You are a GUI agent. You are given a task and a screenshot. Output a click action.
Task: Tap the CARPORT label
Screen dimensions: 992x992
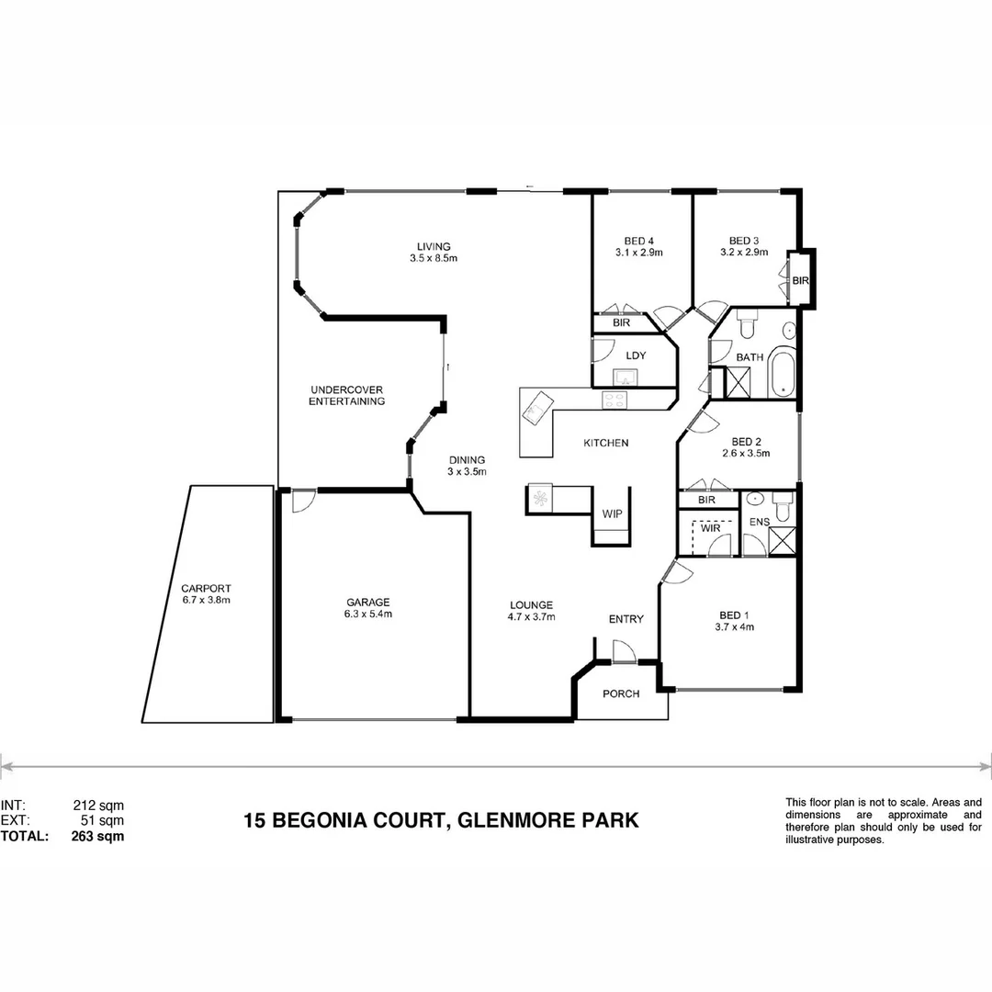point(206,589)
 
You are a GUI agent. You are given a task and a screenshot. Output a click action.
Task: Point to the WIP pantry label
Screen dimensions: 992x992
point(611,514)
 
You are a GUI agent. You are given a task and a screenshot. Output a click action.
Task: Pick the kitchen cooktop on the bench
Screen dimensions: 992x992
point(614,400)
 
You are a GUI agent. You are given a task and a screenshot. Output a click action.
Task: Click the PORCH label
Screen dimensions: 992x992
point(621,693)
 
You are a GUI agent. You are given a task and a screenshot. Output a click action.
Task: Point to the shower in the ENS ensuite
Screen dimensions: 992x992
point(782,540)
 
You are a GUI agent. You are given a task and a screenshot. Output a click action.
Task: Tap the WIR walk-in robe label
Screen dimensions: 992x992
point(709,528)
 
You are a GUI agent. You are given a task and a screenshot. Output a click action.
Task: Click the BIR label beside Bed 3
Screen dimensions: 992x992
point(800,280)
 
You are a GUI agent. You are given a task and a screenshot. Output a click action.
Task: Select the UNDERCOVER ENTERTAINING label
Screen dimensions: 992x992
point(346,395)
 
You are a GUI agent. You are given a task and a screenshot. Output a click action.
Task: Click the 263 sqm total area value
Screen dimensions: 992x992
point(97,837)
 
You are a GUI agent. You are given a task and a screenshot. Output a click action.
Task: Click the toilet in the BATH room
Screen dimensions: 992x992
point(746,325)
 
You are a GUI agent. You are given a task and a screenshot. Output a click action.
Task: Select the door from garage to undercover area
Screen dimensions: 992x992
point(301,501)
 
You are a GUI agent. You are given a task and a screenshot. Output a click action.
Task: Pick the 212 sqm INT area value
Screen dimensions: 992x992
point(97,805)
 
